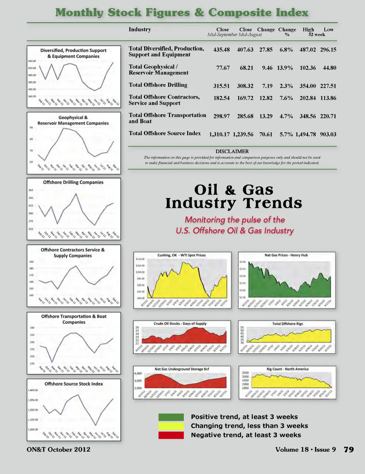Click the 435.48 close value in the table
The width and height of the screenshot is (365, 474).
coord(221,50)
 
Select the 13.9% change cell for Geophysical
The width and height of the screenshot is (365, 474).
coord(285,68)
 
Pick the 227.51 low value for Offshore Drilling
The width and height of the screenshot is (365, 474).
coord(328,86)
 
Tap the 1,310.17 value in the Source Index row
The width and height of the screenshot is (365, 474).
coord(219,134)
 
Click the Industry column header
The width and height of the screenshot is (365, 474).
coord(140,29)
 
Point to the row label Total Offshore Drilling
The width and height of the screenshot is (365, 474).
coord(158,85)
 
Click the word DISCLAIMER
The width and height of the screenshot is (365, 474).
coord(232,151)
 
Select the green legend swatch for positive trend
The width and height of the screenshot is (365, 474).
coord(171,417)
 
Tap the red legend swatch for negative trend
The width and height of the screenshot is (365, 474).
coord(171,435)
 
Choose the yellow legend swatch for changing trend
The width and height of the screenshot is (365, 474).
coord(171,426)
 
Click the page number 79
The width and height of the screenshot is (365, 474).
coord(349,450)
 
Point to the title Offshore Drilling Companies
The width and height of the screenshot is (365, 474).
coord(73,182)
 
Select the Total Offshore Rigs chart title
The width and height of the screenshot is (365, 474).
coord(287,324)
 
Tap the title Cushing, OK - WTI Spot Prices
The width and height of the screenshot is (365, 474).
coord(181,255)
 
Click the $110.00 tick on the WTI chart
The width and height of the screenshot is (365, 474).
coord(140,259)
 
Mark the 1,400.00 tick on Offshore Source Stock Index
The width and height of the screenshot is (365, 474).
coord(33,390)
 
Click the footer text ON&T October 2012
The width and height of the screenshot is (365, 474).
coord(59,450)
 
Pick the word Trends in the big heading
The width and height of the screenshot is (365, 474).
coord(273,203)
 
